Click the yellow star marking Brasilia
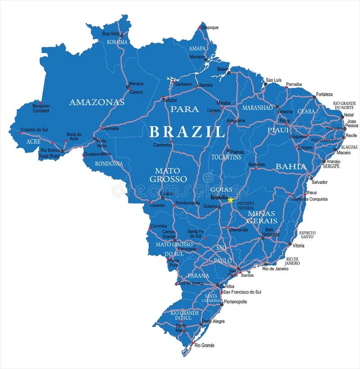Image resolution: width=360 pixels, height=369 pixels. (231, 200)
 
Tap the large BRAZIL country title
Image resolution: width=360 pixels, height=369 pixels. (187, 132)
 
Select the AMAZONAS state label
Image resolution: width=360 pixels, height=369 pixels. (97, 102)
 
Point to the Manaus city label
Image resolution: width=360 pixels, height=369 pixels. (136, 84)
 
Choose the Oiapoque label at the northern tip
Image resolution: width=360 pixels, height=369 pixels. (210, 27)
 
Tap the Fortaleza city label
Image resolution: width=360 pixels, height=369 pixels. (324, 94)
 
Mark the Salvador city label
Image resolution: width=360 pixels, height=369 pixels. (320, 182)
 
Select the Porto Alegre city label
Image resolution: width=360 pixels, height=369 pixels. (213, 321)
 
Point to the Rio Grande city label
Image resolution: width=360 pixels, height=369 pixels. (205, 345)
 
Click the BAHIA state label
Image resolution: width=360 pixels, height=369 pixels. (291, 166)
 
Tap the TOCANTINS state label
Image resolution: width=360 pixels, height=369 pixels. (226, 157)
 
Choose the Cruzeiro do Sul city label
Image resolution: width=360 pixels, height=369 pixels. (34, 130)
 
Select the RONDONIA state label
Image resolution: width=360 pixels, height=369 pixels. (109, 163)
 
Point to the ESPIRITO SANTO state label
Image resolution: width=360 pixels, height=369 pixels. (307, 234)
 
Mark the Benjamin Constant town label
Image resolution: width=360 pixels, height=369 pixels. (41, 108)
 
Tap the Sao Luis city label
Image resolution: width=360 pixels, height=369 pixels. (274, 80)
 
